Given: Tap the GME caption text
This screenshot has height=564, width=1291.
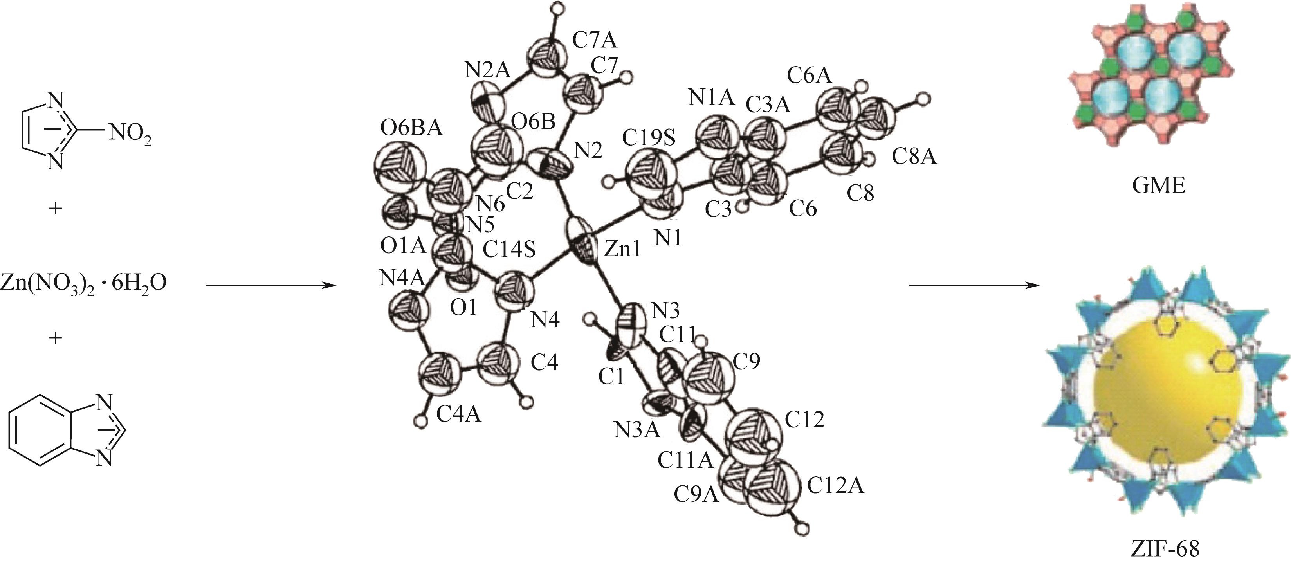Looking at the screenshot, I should click(x=1158, y=186).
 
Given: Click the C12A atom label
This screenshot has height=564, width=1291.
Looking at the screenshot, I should click(x=835, y=485).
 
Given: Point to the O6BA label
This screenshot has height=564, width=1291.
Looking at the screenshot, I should click(x=411, y=128).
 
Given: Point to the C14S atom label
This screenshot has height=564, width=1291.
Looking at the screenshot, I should click(x=509, y=249).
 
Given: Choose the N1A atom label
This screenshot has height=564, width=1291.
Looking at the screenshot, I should click(x=711, y=97).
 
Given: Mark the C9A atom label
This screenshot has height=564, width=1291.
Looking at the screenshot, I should click(x=697, y=494).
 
